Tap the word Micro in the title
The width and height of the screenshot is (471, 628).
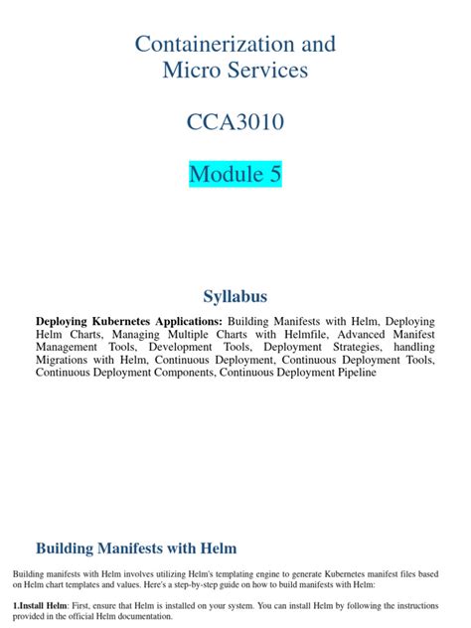[188, 71]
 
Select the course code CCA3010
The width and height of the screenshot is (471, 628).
[235, 122]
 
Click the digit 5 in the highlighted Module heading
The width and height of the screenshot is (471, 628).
[274, 174]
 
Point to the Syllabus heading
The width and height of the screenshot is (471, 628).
[235, 296]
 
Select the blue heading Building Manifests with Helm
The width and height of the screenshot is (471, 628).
[136, 548]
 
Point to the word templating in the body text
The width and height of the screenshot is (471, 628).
[196, 574]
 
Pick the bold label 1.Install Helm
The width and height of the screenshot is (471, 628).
[40, 605]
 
